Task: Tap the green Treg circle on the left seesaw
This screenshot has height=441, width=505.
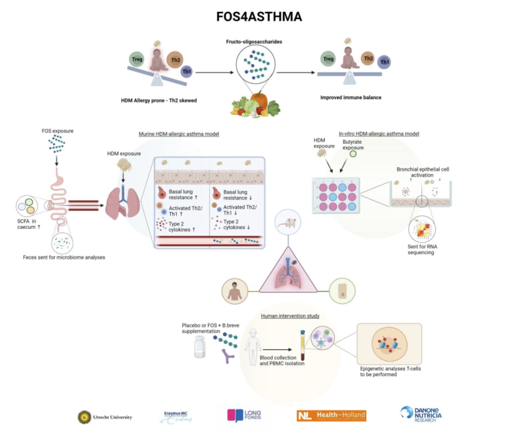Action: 137,60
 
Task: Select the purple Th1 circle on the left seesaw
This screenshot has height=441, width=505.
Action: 187,71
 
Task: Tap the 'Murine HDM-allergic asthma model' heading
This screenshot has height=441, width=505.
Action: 179,134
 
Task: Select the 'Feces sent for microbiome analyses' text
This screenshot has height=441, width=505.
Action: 64,257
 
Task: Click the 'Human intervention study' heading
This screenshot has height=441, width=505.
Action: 290,316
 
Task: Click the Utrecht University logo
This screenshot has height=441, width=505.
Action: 105,416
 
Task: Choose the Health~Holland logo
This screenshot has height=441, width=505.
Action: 331,415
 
